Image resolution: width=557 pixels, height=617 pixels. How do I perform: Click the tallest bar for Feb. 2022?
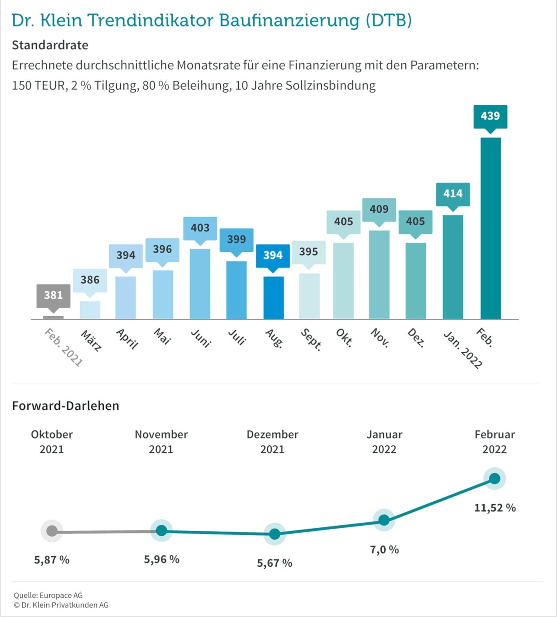491,228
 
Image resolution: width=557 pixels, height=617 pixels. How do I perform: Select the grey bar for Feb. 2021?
54,318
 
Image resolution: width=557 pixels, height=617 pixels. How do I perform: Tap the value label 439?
490,116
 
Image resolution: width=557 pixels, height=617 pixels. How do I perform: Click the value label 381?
54,295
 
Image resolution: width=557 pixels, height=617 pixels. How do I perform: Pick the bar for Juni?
200,284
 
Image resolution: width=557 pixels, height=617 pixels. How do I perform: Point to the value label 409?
379,209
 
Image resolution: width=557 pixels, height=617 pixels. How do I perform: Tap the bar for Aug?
273,297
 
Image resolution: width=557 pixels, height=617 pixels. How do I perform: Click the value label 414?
453,194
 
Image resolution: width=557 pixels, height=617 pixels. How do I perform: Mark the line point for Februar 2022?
494,478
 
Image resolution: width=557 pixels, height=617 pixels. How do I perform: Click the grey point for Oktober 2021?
52,531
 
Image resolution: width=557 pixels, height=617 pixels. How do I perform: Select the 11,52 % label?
495,508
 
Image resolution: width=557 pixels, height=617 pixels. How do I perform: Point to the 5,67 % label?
275,563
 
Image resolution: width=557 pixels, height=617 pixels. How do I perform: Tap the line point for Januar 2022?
384,520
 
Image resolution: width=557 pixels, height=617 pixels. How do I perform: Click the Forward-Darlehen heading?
66,406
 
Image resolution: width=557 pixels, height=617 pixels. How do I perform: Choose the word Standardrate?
50,45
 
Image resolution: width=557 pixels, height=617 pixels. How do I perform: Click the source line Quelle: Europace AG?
48,595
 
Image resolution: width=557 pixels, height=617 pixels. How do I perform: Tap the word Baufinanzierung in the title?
289,20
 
